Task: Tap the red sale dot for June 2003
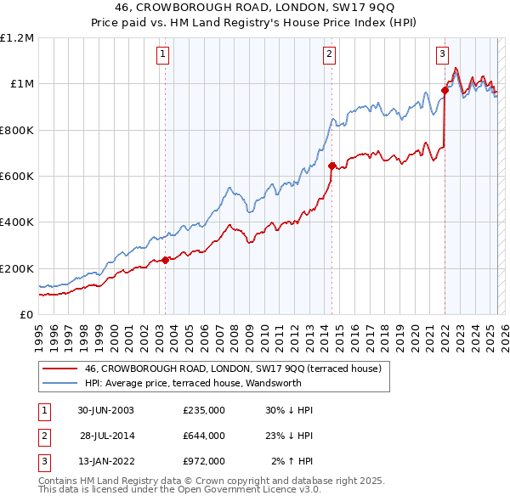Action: coord(165,261)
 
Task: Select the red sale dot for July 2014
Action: coord(331,166)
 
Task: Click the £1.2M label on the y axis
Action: coord(17,38)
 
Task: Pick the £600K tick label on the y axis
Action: coord(17,177)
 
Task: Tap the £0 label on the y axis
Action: coord(27,315)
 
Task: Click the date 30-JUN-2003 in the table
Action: coord(105,410)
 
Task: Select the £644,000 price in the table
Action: coord(204,436)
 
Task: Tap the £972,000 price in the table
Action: coord(204,461)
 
